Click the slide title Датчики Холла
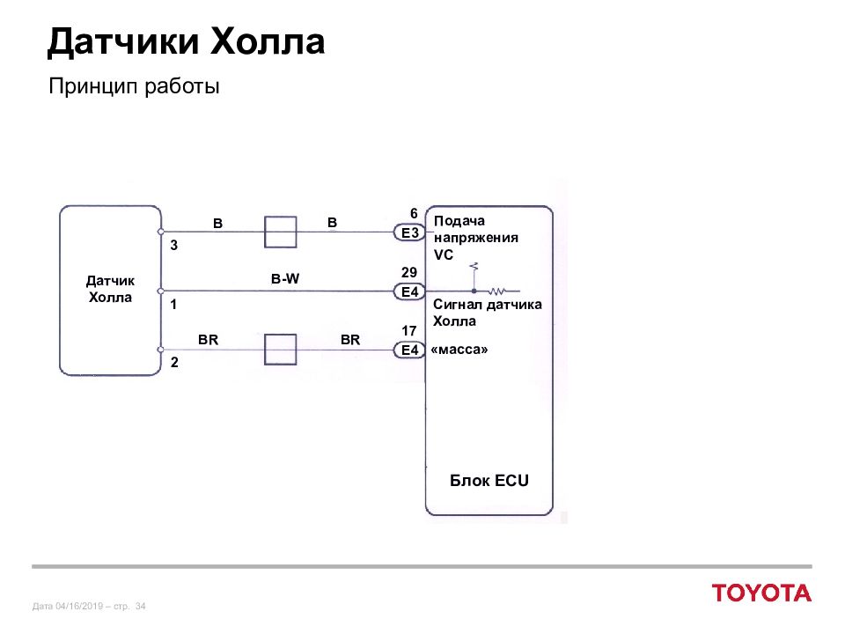pyautogui.click(x=186, y=42)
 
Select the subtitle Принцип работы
pyautogui.click(x=134, y=86)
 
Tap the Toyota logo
pyautogui.click(x=761, y=593)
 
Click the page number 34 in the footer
pyautogui.click(x=141, y=607)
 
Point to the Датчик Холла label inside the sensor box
pyautogui.click(x=111, y=289)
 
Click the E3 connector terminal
pyautogui.click(x=409, y=232)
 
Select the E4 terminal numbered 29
pyautogui.click(x=409, y=291)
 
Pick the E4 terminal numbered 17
pyautogui.click(x=409, y=350)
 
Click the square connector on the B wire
pyautogui.click(x=280, y=232)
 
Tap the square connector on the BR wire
pyautogui.click(x=280, y=350)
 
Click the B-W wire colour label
pyautogui.click(x=285, y=279)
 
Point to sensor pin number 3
pyautogui.click(x=173, y=246)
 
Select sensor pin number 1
pyautogui.click(x=173, y=305)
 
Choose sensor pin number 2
pyautogui.click(x=174, y=362)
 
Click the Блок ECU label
pyautogui.click(x=489, y=481)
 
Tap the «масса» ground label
pyautogui.click(x=459, y=350)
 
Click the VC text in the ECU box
pyautogui.click(x=444, y=254)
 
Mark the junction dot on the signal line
pyautogui.click(x=474, y=291)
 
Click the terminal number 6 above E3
pyautogui.click(x=414, y=213)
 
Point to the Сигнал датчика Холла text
pyautogui.click(x=487, y=313)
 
